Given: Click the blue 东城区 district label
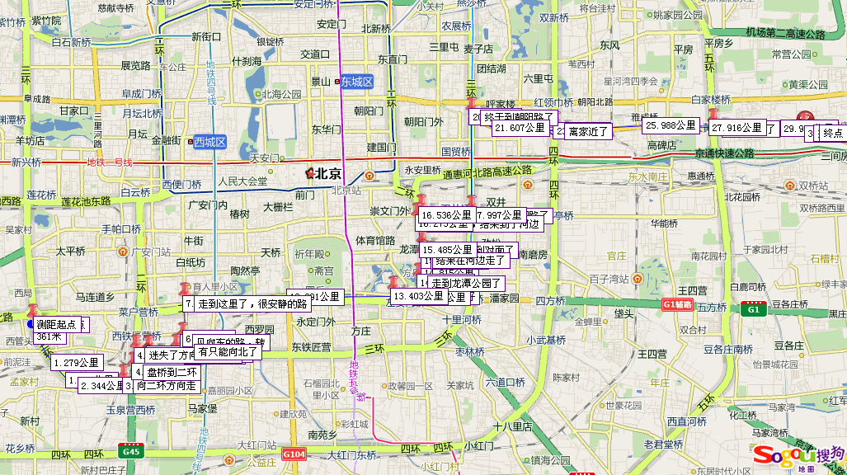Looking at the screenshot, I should [358, 82].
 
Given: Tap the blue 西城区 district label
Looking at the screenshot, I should [209, 142].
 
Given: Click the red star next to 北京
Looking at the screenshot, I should [310, 173].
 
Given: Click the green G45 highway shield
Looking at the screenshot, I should [130, 451].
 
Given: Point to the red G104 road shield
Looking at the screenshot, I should [294, 454].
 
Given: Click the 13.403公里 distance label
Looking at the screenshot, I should [419, 296].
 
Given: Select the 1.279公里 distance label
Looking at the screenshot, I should [76, 362].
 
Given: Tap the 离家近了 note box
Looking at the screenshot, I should [588, 131].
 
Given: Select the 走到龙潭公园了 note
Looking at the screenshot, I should [468, 283].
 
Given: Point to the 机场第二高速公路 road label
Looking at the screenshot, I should [785, 34].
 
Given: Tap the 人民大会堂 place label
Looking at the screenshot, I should [242, 181].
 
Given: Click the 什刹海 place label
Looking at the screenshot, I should [247, 60].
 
